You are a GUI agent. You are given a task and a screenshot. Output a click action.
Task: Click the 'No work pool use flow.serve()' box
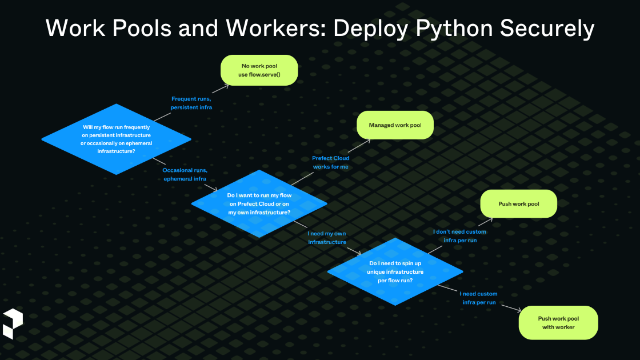click(259, 70)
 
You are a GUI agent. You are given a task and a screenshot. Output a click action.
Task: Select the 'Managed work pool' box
click(395, 125)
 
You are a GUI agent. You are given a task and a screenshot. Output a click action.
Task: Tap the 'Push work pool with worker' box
click(558, 323)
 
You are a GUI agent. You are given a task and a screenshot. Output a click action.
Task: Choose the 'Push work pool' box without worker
click(518, 204)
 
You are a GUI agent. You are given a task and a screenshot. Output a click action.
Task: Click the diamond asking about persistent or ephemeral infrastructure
click(117, 139)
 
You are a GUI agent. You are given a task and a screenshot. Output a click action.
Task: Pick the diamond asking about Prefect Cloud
click(259, 204)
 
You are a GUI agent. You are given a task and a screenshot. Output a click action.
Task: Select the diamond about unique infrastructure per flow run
click(395, 271)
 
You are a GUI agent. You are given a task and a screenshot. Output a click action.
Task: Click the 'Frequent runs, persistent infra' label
click(191, 103)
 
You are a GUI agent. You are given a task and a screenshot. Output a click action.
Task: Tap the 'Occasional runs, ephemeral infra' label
click(185, 174)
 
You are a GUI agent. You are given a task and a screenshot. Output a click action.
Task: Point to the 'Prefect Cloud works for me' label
click(330, 162)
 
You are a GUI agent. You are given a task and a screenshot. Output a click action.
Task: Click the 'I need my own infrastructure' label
click(327, 238)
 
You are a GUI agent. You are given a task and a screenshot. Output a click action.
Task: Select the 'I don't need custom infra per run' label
click(459, 236)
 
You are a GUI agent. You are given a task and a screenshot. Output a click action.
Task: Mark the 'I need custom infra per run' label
click(478, 298)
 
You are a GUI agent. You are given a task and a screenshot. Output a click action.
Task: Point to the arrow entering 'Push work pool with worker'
click(511, 309)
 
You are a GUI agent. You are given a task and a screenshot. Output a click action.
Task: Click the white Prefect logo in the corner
click(13, 323)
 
